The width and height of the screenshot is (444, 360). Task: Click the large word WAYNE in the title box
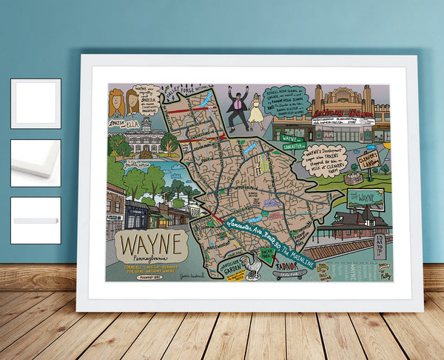147,241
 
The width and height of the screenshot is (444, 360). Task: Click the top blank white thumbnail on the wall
36,104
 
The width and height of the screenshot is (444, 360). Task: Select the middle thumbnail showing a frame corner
36,163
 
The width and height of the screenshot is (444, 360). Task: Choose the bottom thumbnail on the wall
36,220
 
